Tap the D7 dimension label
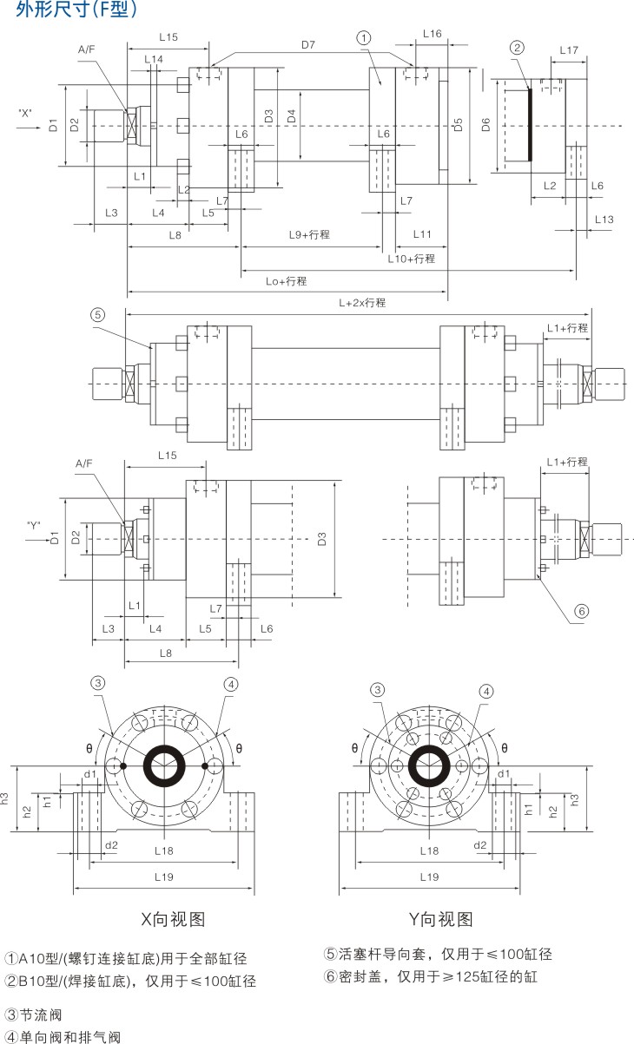point(308,43)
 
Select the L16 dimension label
point(432,34)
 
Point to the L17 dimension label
point(568,50)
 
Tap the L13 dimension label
point(604,219)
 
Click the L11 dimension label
point(422,234)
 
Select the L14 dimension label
point(153,58)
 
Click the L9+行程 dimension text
point(309,234)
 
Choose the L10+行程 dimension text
point(411,259)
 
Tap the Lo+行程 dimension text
point(286,281)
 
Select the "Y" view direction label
point(34,525)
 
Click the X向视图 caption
point(173,919)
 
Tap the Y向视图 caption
point(440,919)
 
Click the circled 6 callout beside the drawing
point(581,611)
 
